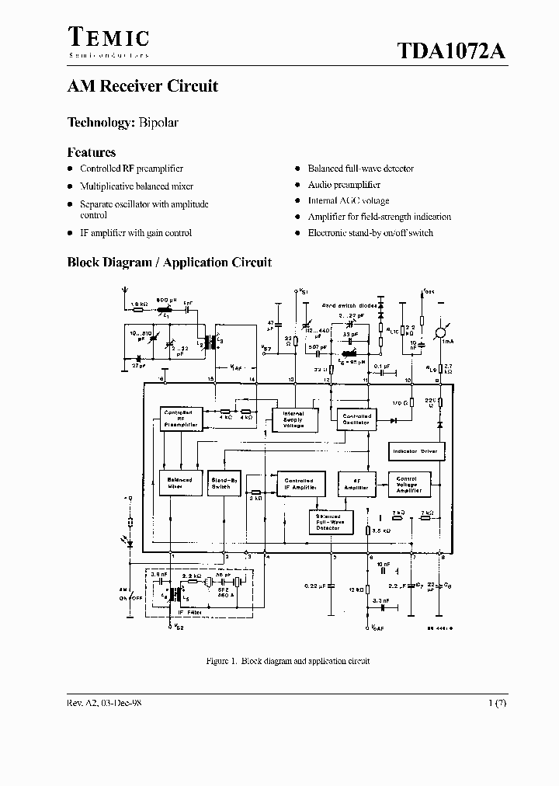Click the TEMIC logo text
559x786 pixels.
108,37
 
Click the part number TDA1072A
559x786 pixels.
451,51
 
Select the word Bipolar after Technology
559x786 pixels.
159,123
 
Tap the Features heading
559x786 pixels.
92,152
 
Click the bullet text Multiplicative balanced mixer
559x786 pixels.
137,186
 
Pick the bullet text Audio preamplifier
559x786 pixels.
344,185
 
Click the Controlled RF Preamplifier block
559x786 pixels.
181,419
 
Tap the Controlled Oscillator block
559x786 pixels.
356,419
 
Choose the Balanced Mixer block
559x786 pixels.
180,483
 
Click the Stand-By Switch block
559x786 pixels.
221,483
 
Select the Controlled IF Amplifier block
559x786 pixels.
300,483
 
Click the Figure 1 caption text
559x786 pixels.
287,661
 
